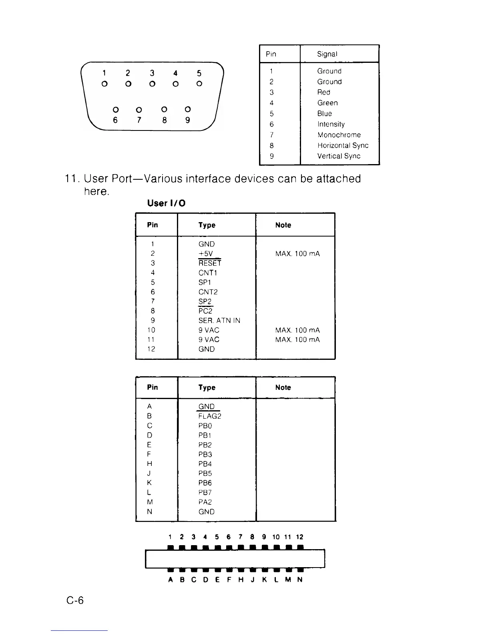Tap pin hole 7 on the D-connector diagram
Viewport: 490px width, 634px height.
point(139,109)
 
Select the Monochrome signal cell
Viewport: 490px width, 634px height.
point(339,135)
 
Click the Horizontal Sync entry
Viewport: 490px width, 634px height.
point(343,146)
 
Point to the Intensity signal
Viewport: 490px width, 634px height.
point(331,124)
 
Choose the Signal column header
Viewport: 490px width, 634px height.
point(327,54)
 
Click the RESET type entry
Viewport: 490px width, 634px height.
point(210,263)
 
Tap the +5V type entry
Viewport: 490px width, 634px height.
point(206,254)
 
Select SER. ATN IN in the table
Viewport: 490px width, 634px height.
point(219,321)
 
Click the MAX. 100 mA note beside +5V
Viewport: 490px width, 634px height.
point(297,254)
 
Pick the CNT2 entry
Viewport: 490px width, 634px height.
point(208,292)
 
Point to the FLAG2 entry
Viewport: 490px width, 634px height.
point(210,416)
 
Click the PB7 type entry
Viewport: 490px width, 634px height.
point(205,493)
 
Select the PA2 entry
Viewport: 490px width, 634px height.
point(205,502)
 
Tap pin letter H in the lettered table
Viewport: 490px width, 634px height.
point(150,464)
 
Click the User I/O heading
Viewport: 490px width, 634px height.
point(166,203)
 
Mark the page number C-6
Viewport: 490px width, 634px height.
point(75,600)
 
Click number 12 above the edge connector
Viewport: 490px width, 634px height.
point(299,537)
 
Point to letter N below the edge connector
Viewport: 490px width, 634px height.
point(300,580)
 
